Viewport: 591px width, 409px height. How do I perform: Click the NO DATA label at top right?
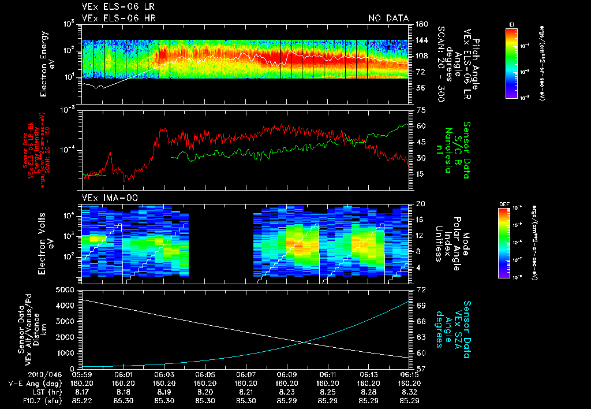(388, 18)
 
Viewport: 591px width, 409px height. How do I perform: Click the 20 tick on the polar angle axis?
(419, 204)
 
